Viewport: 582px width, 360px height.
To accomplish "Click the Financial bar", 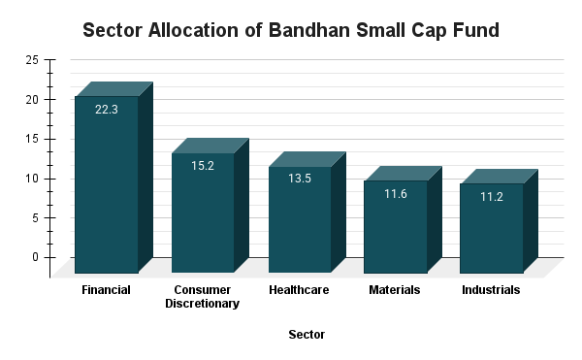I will pyautogui.click(x=107, y=184).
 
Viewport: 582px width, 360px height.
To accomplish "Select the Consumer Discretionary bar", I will pyautogui.click(x=203, y=213).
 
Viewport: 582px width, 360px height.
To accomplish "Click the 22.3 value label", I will pyautogui.click(x=107, y=110).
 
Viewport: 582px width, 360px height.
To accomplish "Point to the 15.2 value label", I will pyautogui.click(x=203, y=166).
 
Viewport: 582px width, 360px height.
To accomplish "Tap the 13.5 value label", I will pyautogui.click(x=299, y=180).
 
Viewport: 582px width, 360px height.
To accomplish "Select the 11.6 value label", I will pyautogui.click(x=395, y=194).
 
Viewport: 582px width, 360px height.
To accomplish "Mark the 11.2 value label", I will pyautogui.click(x=491, y=197).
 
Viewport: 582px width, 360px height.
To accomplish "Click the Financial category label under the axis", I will pyautogui.click(x=107, y=290).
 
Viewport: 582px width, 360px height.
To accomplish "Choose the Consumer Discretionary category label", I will pyautogui.click(x=203, y=297).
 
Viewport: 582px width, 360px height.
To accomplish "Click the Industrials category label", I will pyautogui.click(x=491, y=290).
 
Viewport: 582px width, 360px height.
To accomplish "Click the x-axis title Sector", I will pyautogui.click(x=307, y=335).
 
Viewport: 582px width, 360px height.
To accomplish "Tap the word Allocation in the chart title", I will pyautogui.click(x=196, y=30).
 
